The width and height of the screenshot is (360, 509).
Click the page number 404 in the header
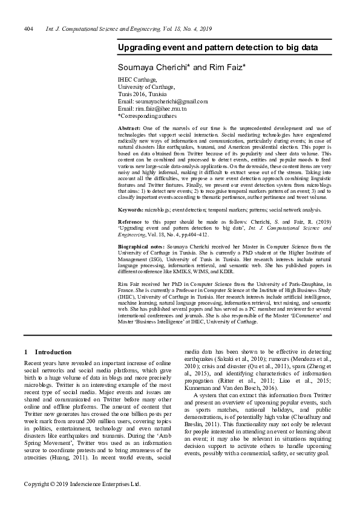pyautogui.click(x=28, y=29)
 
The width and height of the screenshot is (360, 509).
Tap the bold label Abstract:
pyautogui.click(x=129, y=129)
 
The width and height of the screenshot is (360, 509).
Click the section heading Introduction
pyautogui.click(x=53, y=352)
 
